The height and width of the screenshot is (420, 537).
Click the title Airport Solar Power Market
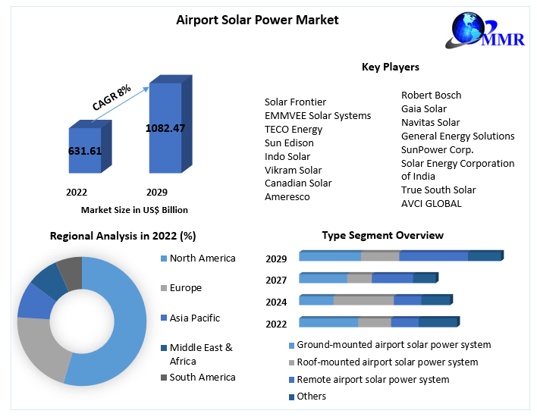point(257,20)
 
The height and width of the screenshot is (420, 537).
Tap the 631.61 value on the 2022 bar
point(85,151)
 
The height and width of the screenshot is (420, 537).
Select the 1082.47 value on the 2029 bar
point(165,128)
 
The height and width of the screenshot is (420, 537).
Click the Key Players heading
point(391,67)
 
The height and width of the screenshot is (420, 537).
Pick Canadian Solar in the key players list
point(298,183)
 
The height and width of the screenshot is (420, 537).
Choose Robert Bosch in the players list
point(431,95)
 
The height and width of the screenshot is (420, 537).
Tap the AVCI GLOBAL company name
point(431,203)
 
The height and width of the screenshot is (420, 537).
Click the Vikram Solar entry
point(293,170)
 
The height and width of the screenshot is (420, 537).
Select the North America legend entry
point(202,258)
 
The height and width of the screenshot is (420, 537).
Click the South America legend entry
point(202,377)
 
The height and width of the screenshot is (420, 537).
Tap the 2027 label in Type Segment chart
point(276,280)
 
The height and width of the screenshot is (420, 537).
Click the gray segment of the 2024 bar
point(363,299)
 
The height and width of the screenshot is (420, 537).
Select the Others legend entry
point(311,396)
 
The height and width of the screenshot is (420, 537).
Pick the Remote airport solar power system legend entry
point(372,379)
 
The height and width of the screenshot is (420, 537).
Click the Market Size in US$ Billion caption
point(134,210)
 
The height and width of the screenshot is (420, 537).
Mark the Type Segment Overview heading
point(382,236)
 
